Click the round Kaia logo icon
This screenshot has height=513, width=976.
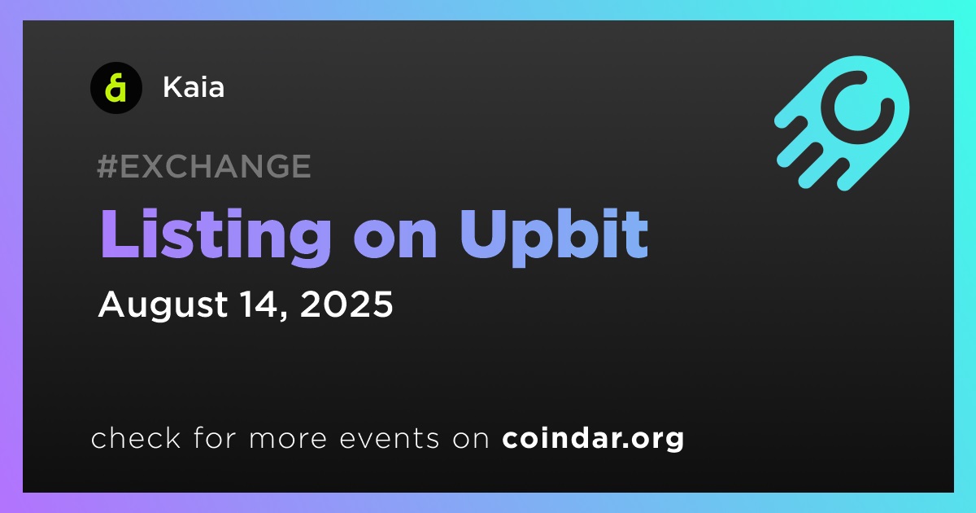tap(115, 88)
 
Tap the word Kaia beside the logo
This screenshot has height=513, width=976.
tap(194, 87)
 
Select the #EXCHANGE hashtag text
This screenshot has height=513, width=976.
tap(204, 166)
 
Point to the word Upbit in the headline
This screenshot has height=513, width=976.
tap(554, 238)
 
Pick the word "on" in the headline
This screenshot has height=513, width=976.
tap(395, 239)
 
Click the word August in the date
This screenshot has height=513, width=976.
tap(163, 305)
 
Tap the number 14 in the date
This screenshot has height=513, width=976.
tap(263, 304)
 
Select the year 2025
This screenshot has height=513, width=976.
tap(346, 304)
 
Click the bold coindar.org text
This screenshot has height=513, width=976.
tap(593, 438)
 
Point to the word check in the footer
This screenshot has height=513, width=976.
tap(136, 437)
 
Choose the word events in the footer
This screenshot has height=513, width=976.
tap(389, 438)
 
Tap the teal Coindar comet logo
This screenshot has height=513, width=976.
tap(842, 123)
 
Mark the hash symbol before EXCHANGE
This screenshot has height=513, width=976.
tap(107, 166)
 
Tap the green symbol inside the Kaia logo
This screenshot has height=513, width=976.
tap(115, 88)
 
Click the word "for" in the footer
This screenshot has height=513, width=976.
tap(215, 437)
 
